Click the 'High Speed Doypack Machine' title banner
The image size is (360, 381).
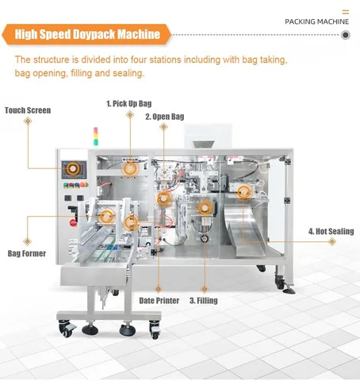[x=86, y=34]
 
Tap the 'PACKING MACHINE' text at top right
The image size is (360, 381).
[x=316, y=21]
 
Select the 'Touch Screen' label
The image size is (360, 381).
[x=28, y=110]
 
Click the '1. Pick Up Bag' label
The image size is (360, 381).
[x=130, y=103]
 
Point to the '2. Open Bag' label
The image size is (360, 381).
[x=164, y=117]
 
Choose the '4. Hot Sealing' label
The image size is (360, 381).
[x=331, y=233]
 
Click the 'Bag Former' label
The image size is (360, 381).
[x=27, y=253]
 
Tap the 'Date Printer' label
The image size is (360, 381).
[x=158, y=301]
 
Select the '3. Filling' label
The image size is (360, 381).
[x=203, y=301]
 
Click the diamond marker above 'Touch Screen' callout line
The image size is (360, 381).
[x=28, y=121]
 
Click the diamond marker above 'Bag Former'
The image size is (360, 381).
[x=27, y=240]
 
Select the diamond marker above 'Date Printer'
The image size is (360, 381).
[x=158, y=288]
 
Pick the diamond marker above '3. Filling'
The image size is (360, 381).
[x=203, y=288]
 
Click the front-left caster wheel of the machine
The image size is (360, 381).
[x=67, y=327]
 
